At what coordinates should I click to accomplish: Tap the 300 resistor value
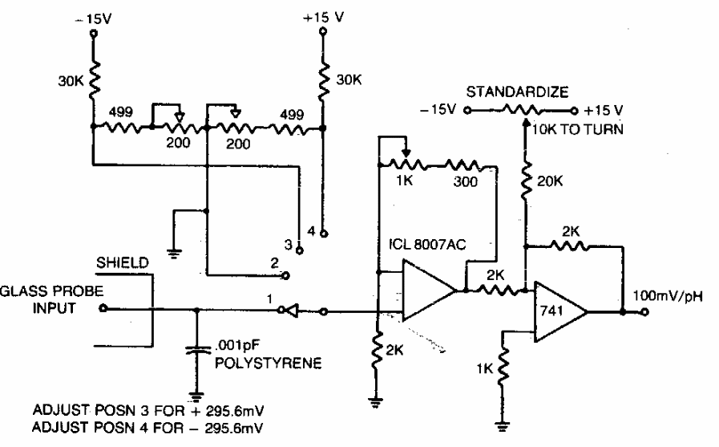(463, 181)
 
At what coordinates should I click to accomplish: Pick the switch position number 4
(311, 232)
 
